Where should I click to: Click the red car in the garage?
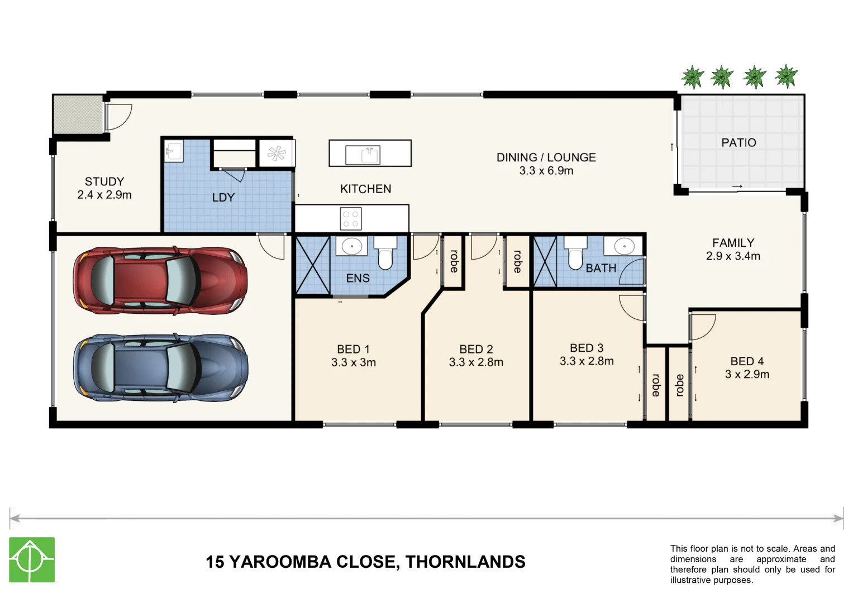point(160,280)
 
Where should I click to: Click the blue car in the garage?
point(160,368)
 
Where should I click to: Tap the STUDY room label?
point(104,181)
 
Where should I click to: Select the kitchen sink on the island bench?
point(363,154)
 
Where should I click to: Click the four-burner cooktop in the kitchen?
point(351,218)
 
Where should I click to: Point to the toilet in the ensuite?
point(385,255)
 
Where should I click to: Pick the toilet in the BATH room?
point(575,255)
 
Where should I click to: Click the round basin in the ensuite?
point(352,245)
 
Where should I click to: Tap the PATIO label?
point(738,143)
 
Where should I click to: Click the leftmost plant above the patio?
point(693,77)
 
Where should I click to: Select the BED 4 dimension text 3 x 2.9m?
point(747,375)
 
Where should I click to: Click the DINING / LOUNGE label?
point(546,157)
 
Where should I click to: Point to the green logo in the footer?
point(32,559)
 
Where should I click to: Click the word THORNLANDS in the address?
point(465,562)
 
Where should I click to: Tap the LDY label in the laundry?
point(223,198)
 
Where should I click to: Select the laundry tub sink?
point(174,151)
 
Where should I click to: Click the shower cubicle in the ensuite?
point(312,265)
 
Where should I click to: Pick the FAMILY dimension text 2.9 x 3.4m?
point(733,256)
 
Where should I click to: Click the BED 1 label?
point(353,349)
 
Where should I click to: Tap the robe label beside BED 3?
point(655,385)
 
